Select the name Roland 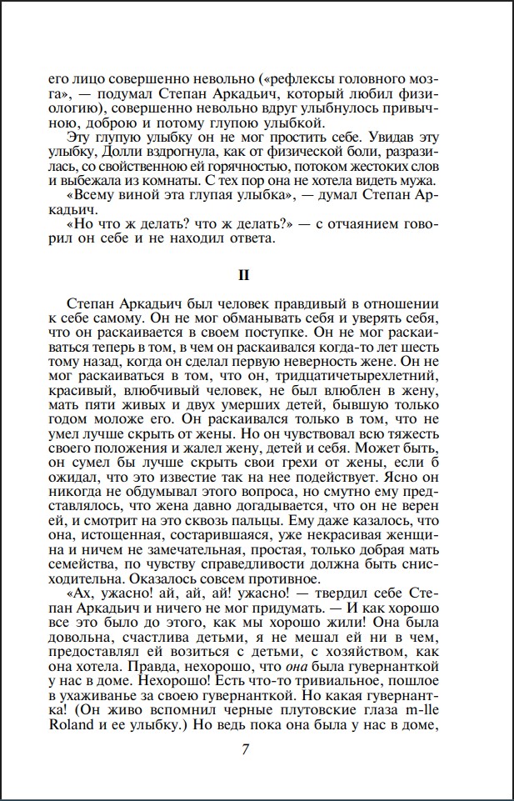(68, 725)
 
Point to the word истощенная (122, 528)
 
